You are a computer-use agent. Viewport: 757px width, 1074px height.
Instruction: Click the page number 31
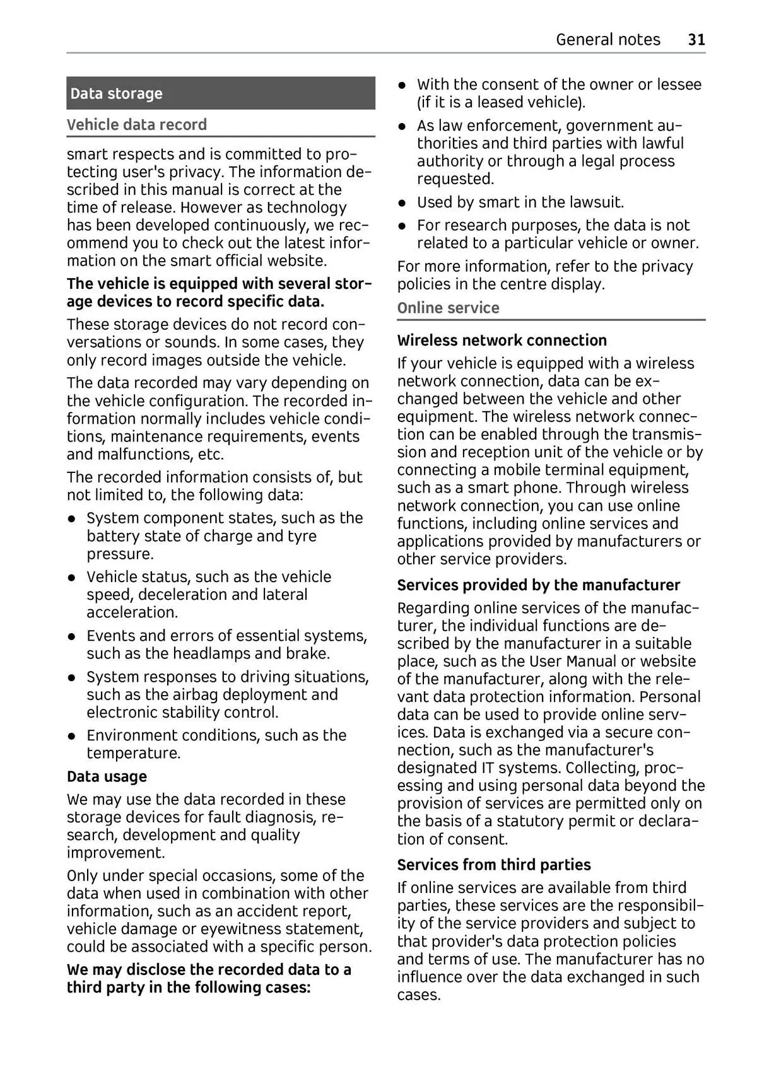click(696, 40)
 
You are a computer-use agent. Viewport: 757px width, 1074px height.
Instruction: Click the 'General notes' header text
click(607, 40)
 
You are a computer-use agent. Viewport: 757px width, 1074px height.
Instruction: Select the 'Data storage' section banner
click(220, 93)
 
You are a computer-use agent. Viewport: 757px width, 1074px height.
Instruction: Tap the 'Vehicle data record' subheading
click(137, 124)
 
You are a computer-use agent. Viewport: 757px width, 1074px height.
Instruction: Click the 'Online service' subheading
click(448, 308)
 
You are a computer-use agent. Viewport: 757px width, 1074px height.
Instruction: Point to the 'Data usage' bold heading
click(107, 776)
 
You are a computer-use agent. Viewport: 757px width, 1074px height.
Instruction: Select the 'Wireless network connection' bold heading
click(502, 341)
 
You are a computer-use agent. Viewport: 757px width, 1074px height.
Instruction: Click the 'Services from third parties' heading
click(494, 865)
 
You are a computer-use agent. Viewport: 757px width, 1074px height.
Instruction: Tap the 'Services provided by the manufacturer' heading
click(538, 585)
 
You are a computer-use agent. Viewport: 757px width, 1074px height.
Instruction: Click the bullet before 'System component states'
click(73, 519)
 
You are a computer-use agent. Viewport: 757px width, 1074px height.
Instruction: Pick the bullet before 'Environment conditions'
click(73, 736)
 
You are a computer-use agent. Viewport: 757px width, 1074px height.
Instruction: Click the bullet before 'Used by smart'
click(402, 203)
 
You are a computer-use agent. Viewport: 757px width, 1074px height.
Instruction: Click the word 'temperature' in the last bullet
click(133, 753)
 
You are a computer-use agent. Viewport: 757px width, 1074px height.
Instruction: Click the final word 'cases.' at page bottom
click(418, 995)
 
